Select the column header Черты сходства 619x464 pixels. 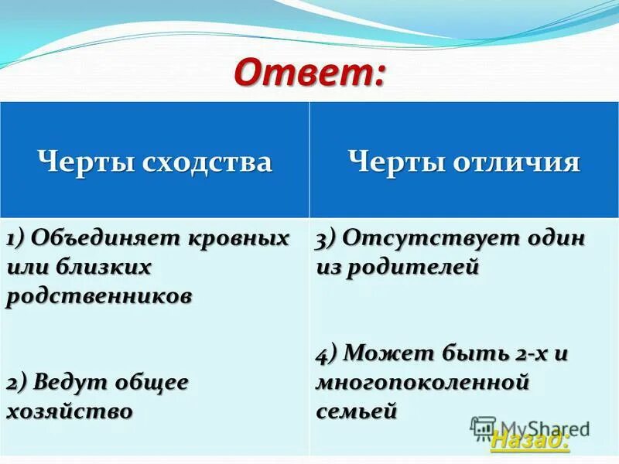pyautogui.click(x=155, y=162)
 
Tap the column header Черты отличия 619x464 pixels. pyautogui.click(x=463, y=162)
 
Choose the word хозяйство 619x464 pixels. pyautogui.click(x=69, y=411)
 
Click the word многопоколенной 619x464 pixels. pyautogui.click(x=422, y=383)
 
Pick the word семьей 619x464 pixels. pyautogui.click(x=357, y=411)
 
